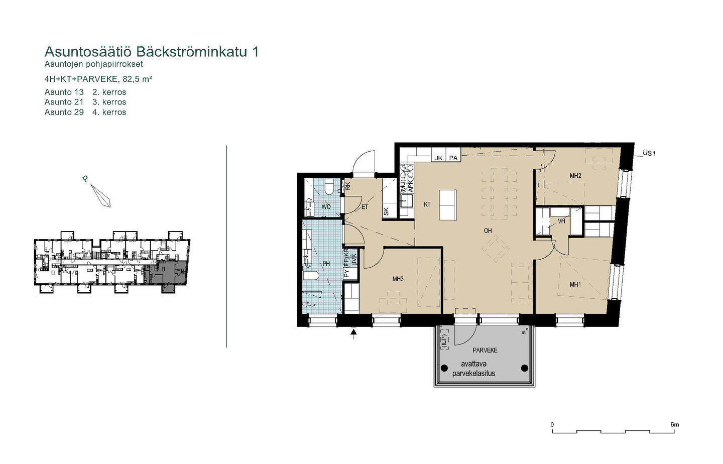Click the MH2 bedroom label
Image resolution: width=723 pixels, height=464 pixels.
pos(575,176)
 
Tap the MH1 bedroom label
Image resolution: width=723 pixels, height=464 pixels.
pos(575,284)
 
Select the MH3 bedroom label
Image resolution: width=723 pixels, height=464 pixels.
pos(398,279)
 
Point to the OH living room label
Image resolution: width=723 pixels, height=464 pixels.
pos(488,230)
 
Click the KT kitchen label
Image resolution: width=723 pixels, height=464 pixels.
pos(427,204)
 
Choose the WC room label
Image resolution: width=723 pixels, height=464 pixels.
pos(326,207)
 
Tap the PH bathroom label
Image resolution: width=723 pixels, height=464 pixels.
pos(326,264)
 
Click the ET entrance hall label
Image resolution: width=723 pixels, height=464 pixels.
pos(365,207)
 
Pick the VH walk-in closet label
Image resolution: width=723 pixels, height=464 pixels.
pos(561,221)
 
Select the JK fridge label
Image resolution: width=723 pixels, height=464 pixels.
pos(439,158)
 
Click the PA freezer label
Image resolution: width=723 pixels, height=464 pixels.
pos(453,158)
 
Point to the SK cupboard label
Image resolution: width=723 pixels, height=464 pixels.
pos(386,211)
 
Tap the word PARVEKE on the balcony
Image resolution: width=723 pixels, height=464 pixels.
pos(485,350)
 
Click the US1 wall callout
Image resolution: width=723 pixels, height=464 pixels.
pos(649,153)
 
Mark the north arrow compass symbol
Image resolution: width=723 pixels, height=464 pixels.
pos(101,196)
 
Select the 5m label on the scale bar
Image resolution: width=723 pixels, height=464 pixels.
pos(675,425)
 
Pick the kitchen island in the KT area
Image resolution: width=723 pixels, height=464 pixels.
pos(448,205)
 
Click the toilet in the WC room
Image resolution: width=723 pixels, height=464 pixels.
pos(329,187)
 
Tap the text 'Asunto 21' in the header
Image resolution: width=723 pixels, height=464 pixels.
pos(64,102)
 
